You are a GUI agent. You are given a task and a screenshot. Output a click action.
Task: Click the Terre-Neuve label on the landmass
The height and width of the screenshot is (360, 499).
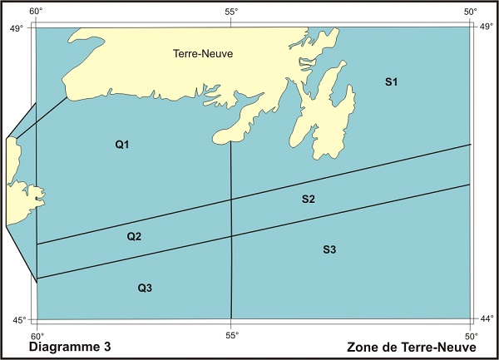tap(202, 54)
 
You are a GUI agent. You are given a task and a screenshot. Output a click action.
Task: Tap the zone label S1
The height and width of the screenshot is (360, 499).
tap(392, 81)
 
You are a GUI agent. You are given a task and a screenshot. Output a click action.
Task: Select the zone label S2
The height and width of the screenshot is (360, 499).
tap(308, 200)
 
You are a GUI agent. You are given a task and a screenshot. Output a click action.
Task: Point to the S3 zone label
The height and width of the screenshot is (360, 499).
tap(329, 250)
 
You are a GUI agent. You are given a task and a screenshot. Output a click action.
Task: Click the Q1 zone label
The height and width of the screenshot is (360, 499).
tap(122, 145)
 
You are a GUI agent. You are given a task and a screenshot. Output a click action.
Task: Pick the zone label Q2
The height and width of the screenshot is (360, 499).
tap(134, 237)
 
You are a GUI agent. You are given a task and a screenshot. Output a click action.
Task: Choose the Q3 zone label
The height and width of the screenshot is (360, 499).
tap(145, 288)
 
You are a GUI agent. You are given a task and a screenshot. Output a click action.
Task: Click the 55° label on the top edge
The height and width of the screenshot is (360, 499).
tap(231, 12)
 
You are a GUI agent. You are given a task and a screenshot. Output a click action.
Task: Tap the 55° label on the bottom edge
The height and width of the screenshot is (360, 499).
tap(231, 335)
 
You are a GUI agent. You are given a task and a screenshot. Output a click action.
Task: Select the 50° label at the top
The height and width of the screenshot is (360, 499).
tap(471, 12)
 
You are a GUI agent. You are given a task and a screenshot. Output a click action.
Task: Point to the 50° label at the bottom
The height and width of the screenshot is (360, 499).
tap(471, 335)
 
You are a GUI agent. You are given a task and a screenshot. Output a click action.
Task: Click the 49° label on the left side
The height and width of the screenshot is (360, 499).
tap(13, 28)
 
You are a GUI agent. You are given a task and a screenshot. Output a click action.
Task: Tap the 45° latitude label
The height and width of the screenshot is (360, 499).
tap(13, 320)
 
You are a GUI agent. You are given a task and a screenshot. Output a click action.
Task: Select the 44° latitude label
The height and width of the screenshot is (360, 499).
tap(487, 320)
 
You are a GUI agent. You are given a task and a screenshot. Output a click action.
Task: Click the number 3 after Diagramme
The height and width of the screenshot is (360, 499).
tap(107, 346)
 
